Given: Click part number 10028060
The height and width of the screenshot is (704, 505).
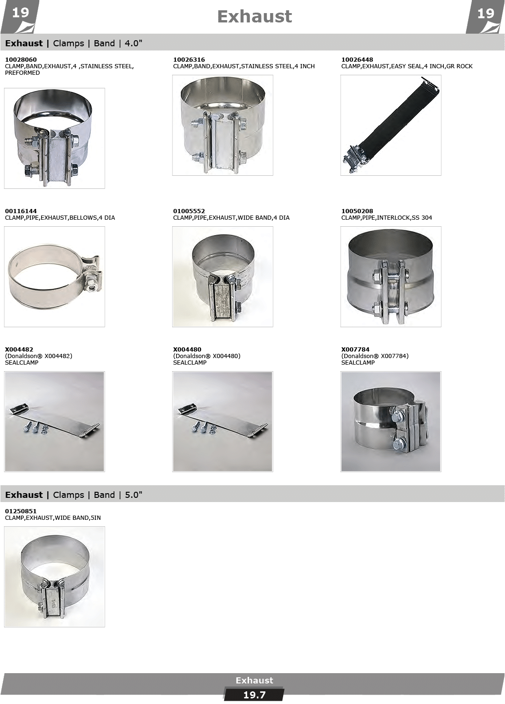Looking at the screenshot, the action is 21,60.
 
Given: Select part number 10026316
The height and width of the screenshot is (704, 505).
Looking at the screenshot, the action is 189,60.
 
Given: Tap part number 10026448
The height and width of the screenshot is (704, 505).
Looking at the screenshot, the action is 357,60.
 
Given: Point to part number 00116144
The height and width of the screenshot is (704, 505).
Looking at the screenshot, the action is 21,211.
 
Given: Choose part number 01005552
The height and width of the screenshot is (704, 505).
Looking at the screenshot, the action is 189,211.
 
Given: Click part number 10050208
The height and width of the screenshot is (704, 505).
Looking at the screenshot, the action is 357,211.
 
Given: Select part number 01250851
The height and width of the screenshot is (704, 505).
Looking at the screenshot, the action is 21,511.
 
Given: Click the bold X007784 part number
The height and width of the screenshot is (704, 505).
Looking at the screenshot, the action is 355,350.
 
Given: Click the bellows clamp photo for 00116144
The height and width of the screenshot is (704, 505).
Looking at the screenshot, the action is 54,277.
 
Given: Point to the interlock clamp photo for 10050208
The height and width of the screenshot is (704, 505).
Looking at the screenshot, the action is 391,277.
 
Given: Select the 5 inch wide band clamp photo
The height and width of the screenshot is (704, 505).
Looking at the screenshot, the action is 54,577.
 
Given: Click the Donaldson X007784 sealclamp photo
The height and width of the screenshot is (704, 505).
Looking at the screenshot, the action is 391,422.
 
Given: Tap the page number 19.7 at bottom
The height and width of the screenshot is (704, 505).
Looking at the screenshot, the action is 255,695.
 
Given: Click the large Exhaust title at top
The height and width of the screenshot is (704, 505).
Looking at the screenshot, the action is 255,16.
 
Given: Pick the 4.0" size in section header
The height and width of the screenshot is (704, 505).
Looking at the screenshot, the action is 134,43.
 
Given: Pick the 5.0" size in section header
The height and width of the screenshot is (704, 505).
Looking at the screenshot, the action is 134,495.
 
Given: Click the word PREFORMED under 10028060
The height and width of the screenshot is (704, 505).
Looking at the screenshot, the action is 22,73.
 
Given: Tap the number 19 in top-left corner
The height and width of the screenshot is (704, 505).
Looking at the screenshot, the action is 21,13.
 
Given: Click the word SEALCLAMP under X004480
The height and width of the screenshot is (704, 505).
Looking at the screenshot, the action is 190,363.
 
